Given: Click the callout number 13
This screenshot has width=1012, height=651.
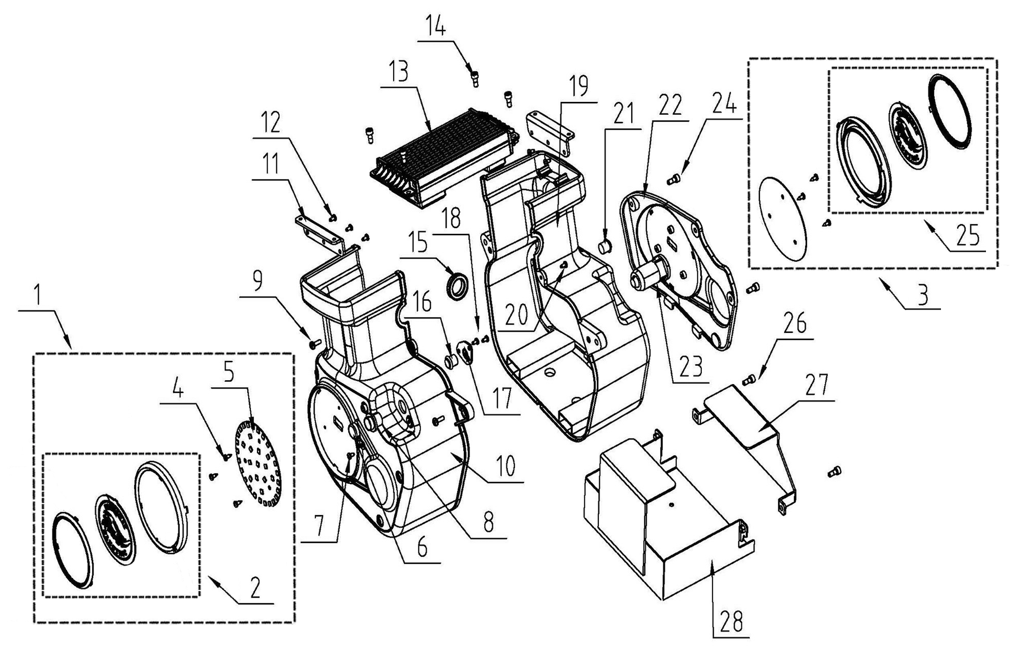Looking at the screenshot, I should pos(399,72).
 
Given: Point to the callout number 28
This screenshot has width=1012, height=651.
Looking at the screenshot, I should pos(731,621).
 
